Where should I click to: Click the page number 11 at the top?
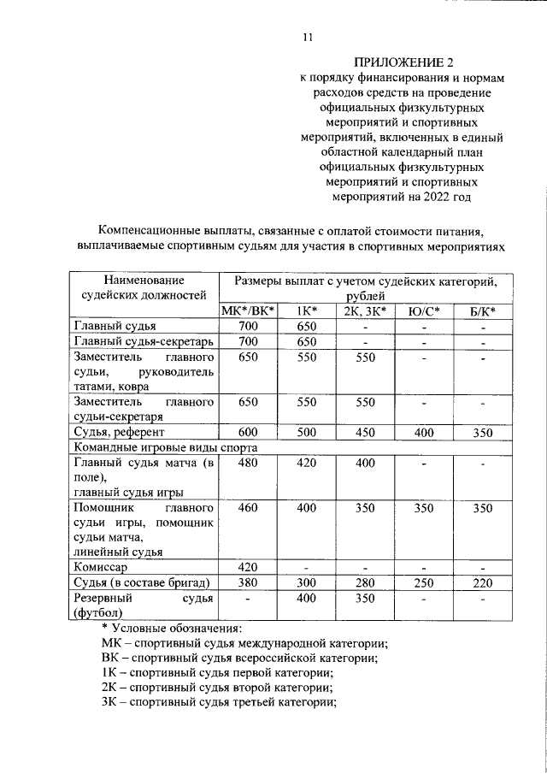point(309,37)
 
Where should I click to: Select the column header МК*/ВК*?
point(248,310)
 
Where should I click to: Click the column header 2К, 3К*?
point(366,310)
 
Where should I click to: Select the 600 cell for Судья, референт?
point(248,433)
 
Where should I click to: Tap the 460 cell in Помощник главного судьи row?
point(248,508)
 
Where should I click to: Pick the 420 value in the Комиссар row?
point(248,567)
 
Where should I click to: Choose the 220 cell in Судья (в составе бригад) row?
point(483,582)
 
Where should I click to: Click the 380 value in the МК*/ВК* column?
point(248,582)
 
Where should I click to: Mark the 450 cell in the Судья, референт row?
point(366,433)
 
